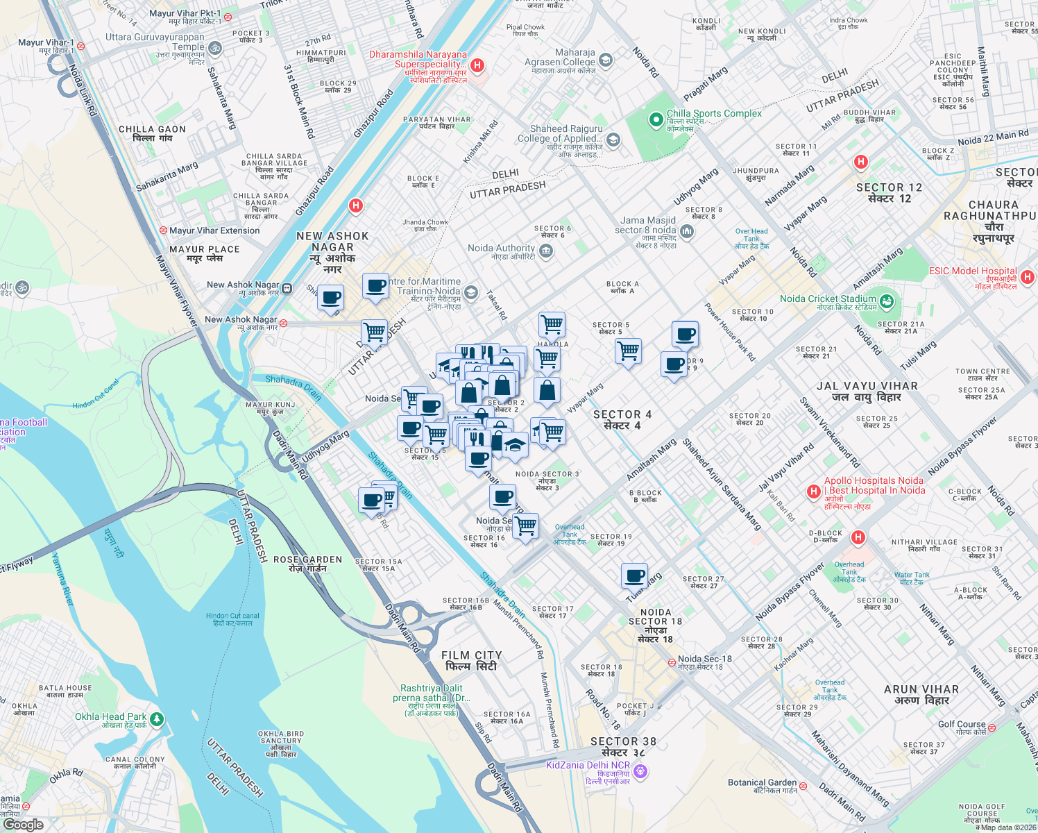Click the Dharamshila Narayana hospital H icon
point(477,65)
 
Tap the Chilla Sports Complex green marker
point(656,121)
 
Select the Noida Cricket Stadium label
point(828,299)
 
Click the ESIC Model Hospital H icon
point(1028,277)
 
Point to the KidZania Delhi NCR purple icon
point(640,771)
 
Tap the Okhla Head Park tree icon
point(157,718)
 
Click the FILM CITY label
point(472,655)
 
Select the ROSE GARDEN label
point(307,559)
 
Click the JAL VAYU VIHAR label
point(867,386)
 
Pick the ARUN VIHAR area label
point(921,689)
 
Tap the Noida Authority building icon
point(546,251)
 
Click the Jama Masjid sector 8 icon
point(687,230)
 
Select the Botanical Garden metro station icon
point(803,786)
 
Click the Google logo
point(23,825)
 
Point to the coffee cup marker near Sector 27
point(634,576)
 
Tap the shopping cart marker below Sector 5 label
point(628,351)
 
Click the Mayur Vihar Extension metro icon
point(163,230)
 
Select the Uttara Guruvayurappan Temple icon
point(215,48)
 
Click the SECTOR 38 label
point(623,741)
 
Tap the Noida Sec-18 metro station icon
point(672,662)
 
